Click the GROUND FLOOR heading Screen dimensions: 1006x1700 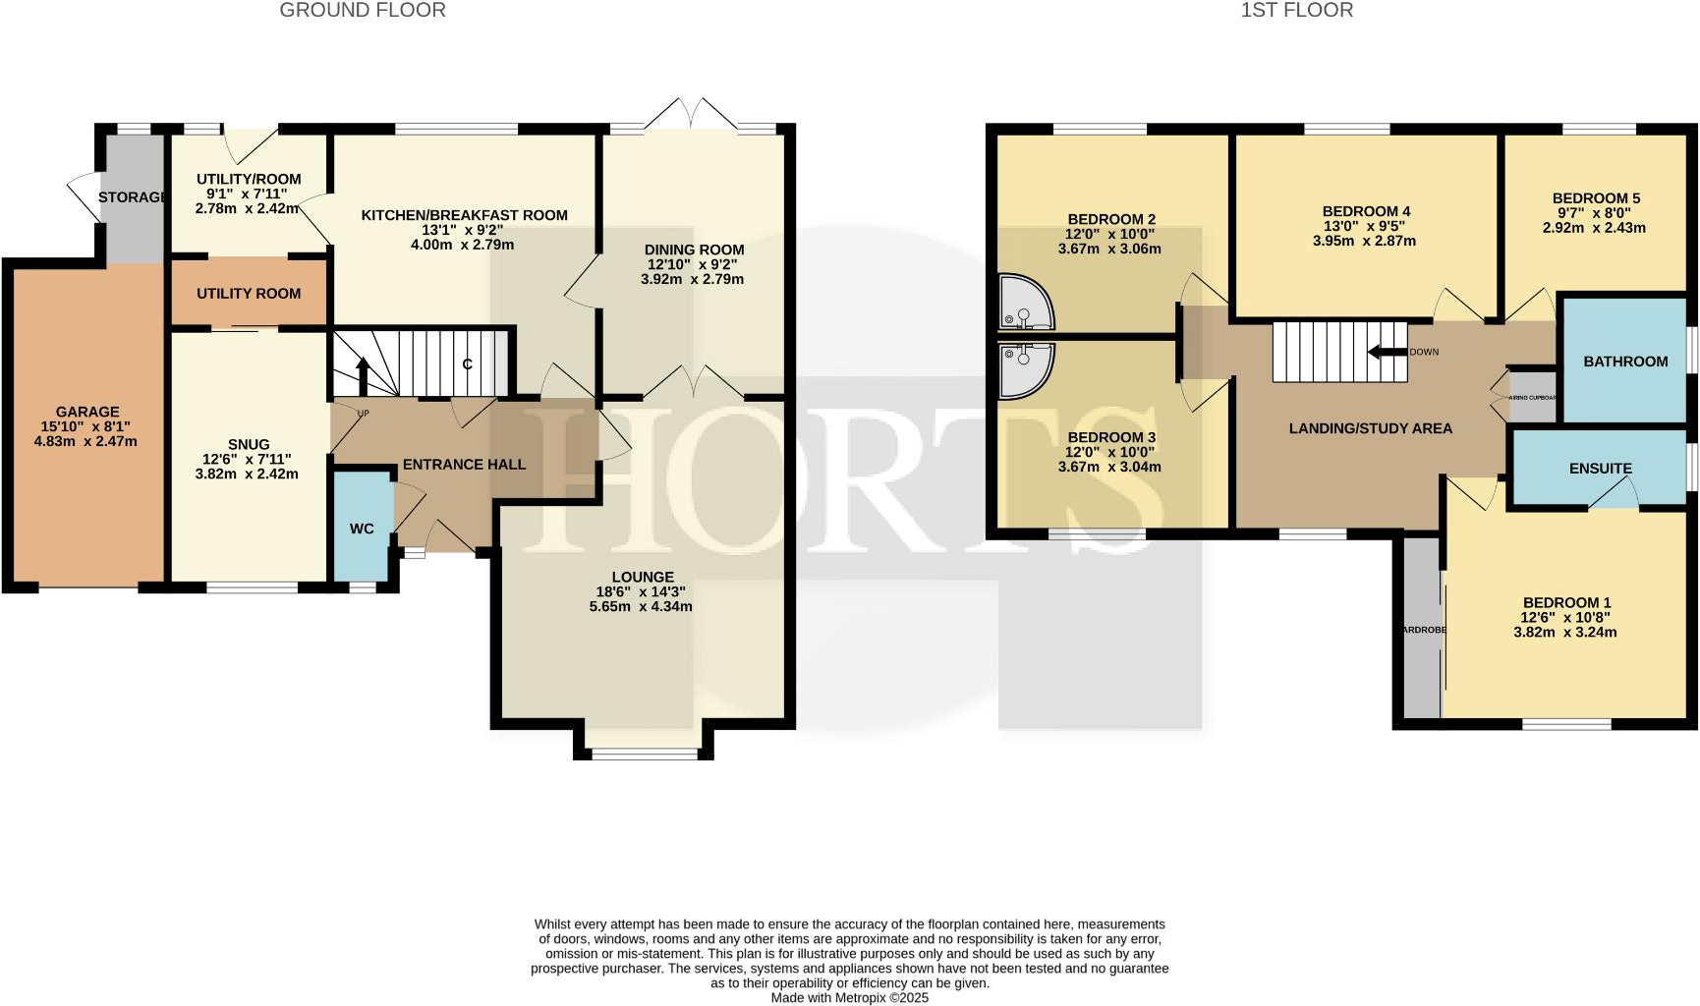pyautogui.click(x=363, y=11)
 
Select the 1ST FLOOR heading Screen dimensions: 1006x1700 pyautogui.click(x=1296, y=11)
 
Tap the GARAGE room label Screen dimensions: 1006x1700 pyautogui.click(x=87, y=413)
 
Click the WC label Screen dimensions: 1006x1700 pyautogui.click(x=362, y=529)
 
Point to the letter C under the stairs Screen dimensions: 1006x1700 pyautogui.click(x=468, y=364)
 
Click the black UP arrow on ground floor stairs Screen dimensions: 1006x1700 pyautogui.click(x=363, y=375)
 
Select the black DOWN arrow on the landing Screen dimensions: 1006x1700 pyautogui.click(x=1387, y=352)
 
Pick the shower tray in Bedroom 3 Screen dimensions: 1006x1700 pyautogui.click(x=1024, y=369)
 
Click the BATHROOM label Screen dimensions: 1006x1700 pyautogui.click(x=1625, y=362)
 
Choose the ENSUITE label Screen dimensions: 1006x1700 pyautogui.click(x=1600, y=469)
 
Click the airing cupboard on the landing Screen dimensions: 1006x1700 pyautogui.click(x=1533, y=397)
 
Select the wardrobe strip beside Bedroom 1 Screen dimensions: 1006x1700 pyautogui.click(x=1422, y=629)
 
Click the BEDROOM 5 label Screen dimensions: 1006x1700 pyautogui.click(x=1596, y=198)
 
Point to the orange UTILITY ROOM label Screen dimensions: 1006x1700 pyautogui.click(x=249, y=294)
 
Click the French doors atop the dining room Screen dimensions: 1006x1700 pyautogui.click(x=693, y=115)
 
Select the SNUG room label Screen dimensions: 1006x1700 pyautogui.click(x=249, y=444)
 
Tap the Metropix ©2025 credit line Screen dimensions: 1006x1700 pyautogui.click(x=849, y=997)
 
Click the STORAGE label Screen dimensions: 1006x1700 pyautogui.click(x=132, y=197)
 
